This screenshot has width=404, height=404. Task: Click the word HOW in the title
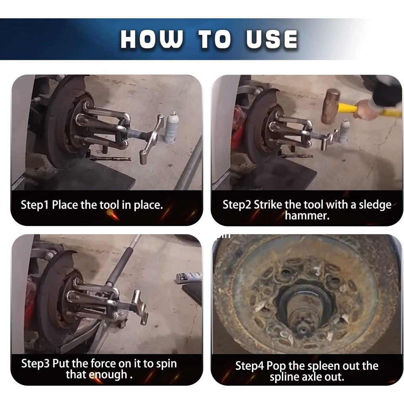(151, 39)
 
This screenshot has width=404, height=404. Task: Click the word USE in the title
(271, 39)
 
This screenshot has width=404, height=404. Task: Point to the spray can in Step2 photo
(344, 131)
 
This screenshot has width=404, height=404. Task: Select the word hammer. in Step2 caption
(307, 215)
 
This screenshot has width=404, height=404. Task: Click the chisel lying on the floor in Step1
(110, 158)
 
